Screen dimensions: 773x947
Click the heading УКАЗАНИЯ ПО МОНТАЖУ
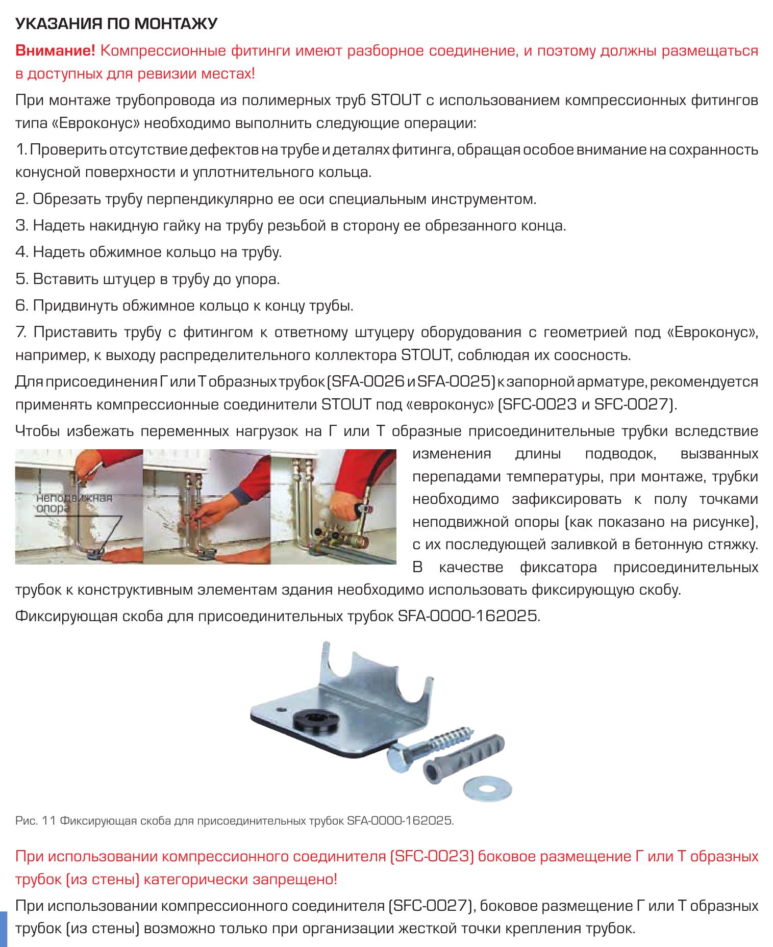point(117,24)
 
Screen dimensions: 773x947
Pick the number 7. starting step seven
point(21,332)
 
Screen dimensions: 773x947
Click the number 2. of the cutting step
point(22,198)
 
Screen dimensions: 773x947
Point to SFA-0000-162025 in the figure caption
point(400,821)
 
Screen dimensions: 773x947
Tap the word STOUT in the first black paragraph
point(396,100)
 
